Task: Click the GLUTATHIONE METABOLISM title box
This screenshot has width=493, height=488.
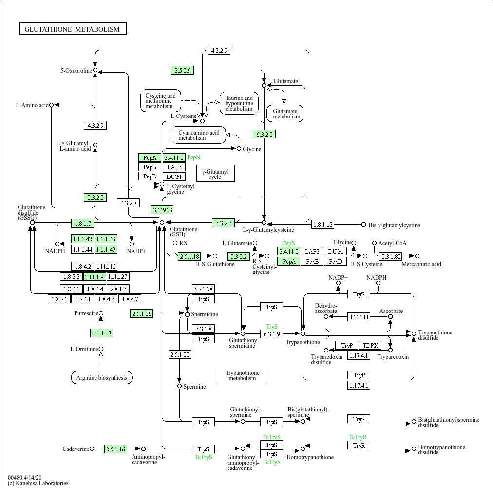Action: pyautogui.click(x=73, y=29)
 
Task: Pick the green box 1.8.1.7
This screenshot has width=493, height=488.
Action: pyautogui.click(x=82, y=223)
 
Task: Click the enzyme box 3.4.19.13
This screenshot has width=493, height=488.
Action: pyautogui.click(x=162, y=210)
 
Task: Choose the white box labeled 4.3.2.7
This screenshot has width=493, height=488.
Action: pyautogui.click(x=129, y=202)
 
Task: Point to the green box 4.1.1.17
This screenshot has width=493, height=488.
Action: pyautogui.click(x=101, y=333)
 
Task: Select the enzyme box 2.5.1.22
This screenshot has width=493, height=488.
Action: pyautogui.click(x=180, y=354)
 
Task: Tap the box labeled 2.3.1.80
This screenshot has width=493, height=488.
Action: pyautogui.click(x=391, y=256)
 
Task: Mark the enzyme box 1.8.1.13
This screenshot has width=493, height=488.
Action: pyautogui.click(x=323, y=225)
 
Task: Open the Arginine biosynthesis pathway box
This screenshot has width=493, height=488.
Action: pyautogui.click(x=101, y=377)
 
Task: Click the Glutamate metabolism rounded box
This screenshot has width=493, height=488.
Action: pyautogui.click(x=285, y=114)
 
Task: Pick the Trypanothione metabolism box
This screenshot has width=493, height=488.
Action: pyautogui.click(x=242, y=375)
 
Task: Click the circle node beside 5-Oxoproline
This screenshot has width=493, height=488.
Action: pyautogui.click(x=95, y=70)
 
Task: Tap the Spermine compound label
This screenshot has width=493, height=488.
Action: pyautogui.click(x=194, y=387)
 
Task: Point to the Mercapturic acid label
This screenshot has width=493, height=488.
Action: pyautogui.click(x=421, y=264)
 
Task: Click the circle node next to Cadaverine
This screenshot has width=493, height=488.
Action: pyautogui.click(x=92, y=449)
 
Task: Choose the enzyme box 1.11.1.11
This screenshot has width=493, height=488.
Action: pyautogui.click(x=359, y=317)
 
